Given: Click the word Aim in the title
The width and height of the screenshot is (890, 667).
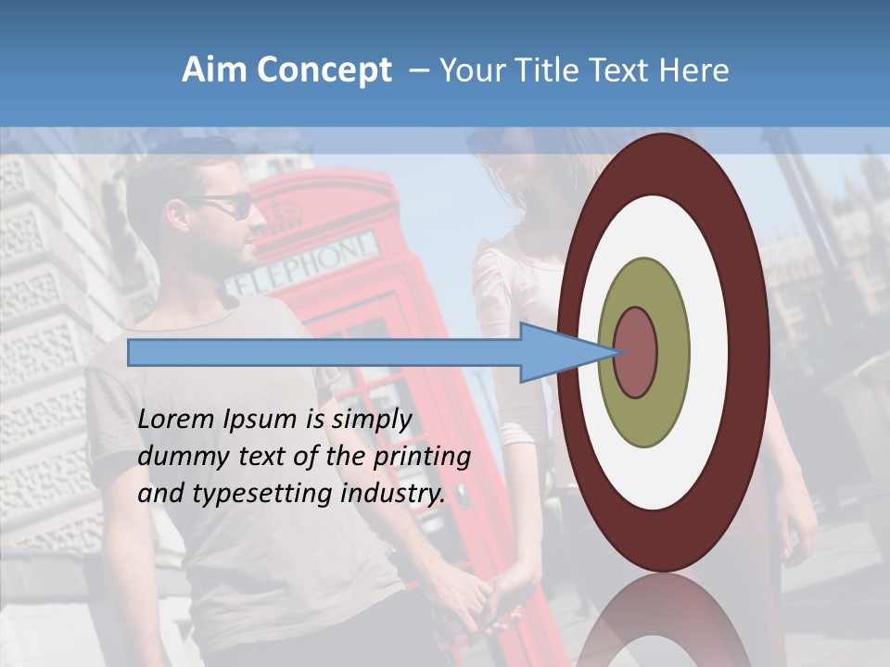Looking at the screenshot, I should (215, 70).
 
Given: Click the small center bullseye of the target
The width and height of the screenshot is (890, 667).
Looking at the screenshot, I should (636, 352).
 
